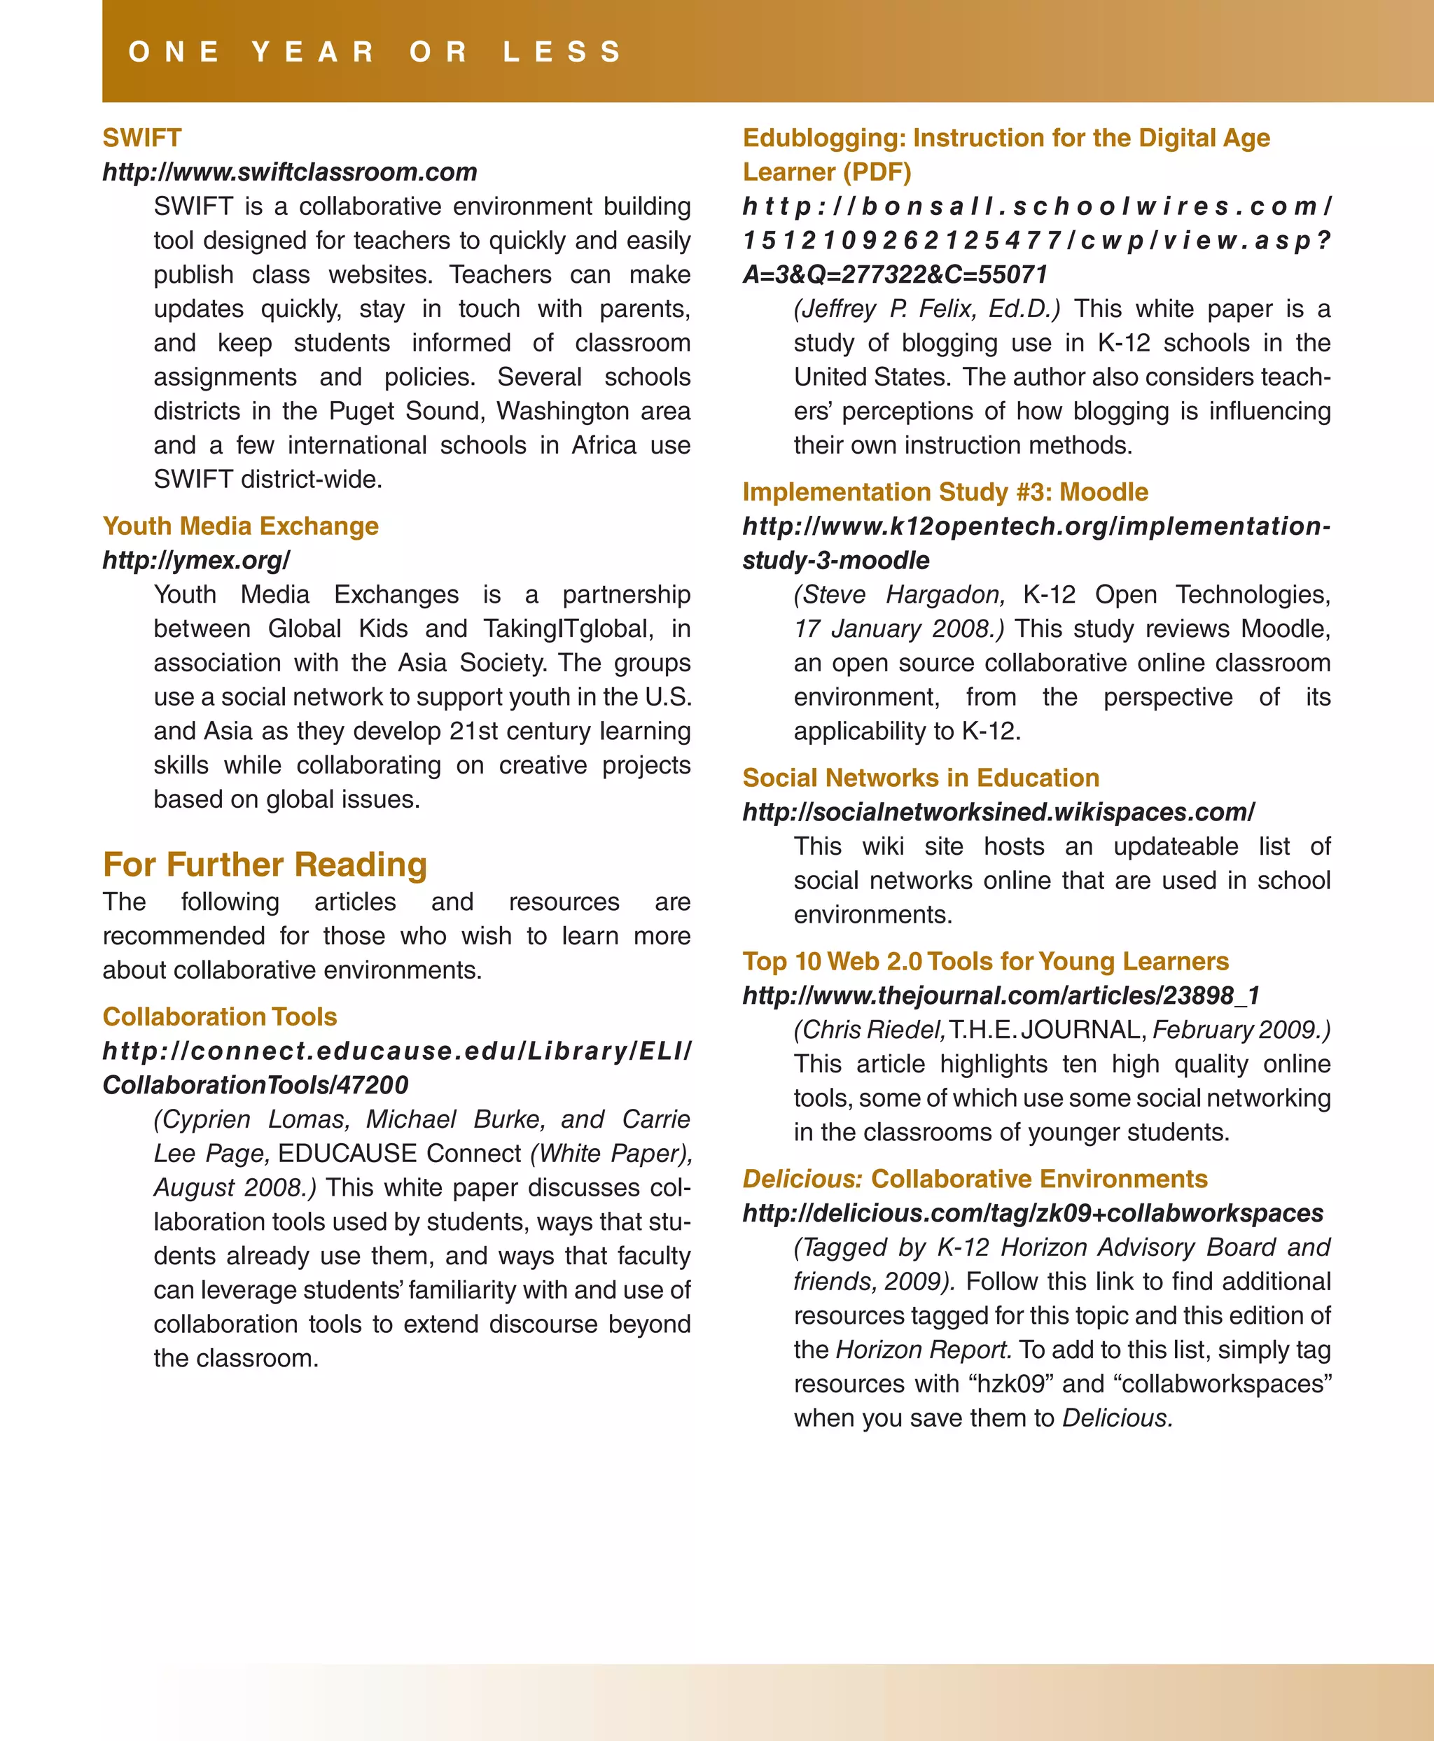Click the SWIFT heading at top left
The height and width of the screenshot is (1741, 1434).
pyautogui.click(x=141, y=138)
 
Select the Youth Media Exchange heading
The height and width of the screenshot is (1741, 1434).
pyautogui.click(x=240, y=526)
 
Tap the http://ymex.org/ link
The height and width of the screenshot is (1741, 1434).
pyautogui.click(x=197, y=560)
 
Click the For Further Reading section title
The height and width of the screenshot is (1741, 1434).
pyautogui.click(x=265, y=865)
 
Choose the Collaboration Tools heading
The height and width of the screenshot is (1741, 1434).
pyautogui.click(x=220, y=1016)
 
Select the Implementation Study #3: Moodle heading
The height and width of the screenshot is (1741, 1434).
pyautogui.click(x=945, y=492)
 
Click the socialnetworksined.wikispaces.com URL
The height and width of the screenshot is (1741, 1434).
pyautogui.click(x=998, y=812)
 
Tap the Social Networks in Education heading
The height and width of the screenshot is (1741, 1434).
pyautogui.click(x=920, y=778)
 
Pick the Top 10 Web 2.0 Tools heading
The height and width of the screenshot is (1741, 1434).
pyautogui.click(x=984, y=961)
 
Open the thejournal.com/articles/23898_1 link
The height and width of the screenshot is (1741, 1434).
pyautogui.click(x=1001, y=995)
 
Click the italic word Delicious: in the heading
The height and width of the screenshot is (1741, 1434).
pyautogui.click(x=802, y=1179)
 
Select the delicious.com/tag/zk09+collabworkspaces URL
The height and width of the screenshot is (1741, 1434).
pyautogui.click(x=1033, y=1212)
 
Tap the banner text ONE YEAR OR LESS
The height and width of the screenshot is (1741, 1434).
pyautogui.click(x=376, y=51)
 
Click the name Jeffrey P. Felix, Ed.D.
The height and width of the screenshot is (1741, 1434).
pyautogui.click(x=927, y=309)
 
